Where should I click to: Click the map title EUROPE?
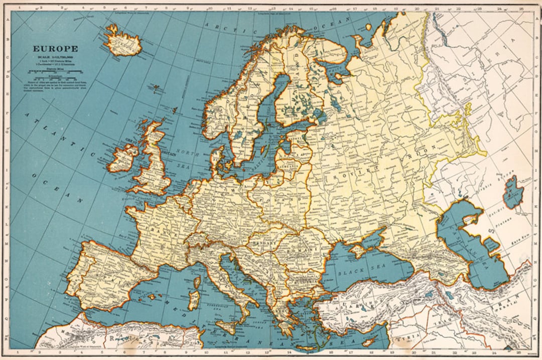click(55, 49)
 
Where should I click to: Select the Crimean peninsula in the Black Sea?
click(361, 249)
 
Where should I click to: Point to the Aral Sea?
click(514, 192)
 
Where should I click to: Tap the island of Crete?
click(311, 346)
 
